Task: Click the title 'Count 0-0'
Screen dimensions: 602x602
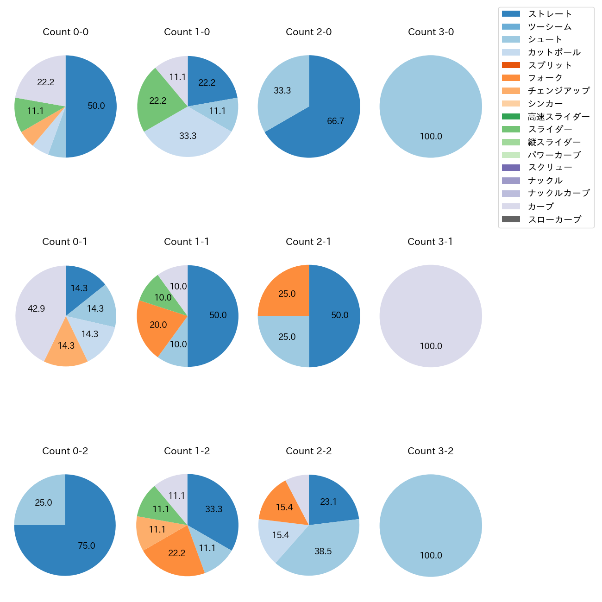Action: pos(66,32)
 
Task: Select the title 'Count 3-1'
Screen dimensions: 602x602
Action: pos(430,242)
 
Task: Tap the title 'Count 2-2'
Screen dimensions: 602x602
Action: pos(308,451)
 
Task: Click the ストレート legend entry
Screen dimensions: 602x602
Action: pos(550,14)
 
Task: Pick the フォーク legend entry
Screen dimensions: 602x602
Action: pos(545,78)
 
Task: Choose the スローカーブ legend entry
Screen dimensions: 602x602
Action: pos(554,219)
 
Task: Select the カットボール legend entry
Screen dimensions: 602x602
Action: pos(554,52)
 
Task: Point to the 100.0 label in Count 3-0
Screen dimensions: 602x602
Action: pos(431,137)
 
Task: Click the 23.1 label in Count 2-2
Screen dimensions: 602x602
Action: pos(328,502)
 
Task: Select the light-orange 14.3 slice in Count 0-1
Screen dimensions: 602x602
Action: pos(66,345)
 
